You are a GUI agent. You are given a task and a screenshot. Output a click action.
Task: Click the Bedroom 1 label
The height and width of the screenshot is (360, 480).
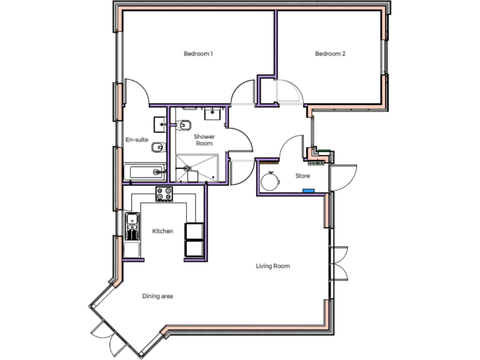(x=198, y=54)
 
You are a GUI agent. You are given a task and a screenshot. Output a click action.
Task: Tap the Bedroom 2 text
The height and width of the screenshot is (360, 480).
(x=330, y=54)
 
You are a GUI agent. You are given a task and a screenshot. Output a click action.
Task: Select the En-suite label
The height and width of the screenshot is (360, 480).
(x=137, y=139)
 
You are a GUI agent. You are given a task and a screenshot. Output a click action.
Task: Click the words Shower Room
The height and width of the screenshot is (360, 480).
(x=204, y=139)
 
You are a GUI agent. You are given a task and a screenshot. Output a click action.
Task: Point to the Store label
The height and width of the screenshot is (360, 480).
(x=302, y=176)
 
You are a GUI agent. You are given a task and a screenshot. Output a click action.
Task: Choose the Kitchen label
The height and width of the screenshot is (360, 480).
(x=162, y=231)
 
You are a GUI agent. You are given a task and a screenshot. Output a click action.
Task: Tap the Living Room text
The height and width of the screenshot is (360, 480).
(x=272, y=266)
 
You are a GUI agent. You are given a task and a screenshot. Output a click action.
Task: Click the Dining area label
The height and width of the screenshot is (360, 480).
(x=157, y=296)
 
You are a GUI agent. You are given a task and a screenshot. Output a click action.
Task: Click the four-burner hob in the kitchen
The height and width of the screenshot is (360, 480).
(x=164, y=194)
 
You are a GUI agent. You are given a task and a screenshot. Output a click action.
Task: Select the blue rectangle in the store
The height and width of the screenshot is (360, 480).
(x=306, y=191)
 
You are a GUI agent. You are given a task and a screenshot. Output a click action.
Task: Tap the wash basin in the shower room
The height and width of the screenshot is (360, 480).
(x=214, y=112)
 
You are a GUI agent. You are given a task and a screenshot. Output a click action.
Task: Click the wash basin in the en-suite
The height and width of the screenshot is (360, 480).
(x=159, y=124)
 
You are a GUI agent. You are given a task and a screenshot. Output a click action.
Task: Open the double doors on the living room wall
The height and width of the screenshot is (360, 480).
(x=338, y=262)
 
